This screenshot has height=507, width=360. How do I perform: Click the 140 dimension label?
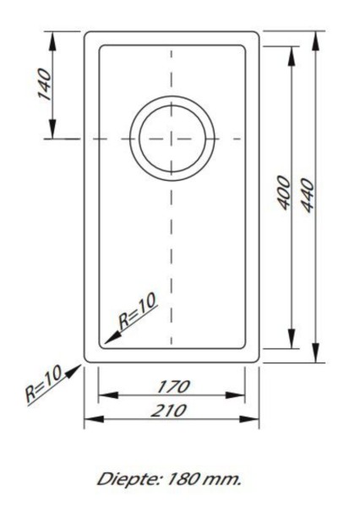[x=44, y=84]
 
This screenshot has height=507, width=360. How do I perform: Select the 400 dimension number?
[x=284, y=194]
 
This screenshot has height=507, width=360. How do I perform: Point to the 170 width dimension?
[x=172, y=386]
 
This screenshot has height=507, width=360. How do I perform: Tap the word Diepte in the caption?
[x=122, y=479]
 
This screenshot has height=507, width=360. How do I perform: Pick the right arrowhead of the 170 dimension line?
[x=241, y=395]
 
